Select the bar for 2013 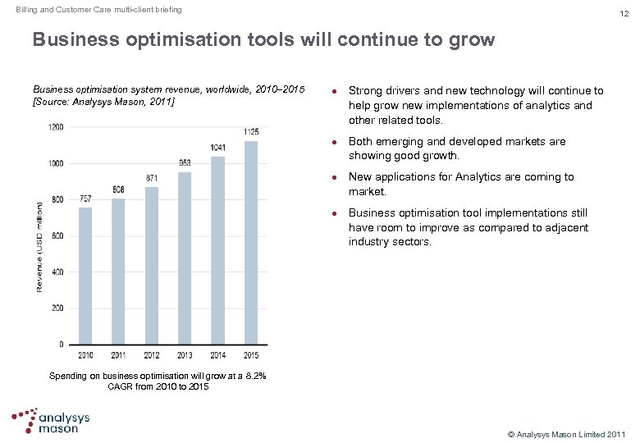coord(185,258)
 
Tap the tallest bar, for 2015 coord(251,242)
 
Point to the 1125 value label coord(251,132)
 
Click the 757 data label coord(85,199)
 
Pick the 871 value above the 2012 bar coord(152,178)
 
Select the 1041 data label coord(218,148)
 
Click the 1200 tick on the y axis coord(55,127)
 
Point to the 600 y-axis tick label coord(58,236)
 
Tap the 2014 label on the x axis coord(218,355)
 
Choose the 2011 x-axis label coord(119,355)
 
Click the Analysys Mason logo coord(53,420)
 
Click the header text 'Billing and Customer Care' coord(61,10)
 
